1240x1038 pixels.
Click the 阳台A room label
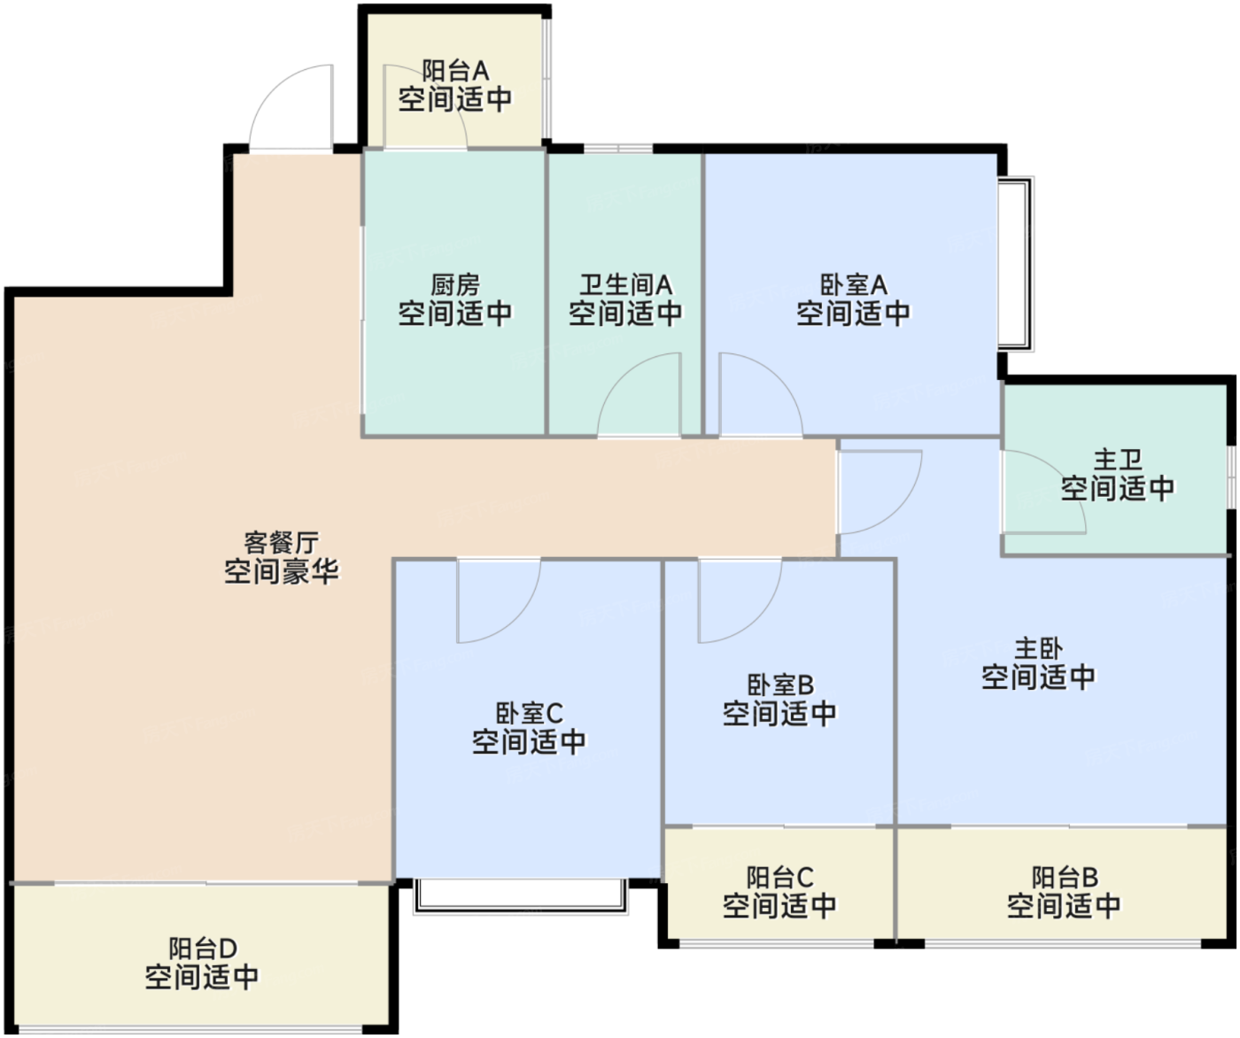[455, 70]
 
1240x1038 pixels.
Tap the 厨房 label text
[455, 285]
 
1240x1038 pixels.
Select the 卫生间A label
[625, 285]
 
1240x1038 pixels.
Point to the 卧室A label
[853, 285]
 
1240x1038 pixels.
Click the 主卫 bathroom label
[1118, 460]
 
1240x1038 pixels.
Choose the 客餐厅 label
[281, 542]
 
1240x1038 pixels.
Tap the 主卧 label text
[1038, 648]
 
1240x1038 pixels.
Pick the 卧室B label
[779, 685]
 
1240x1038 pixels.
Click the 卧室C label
[529, 713]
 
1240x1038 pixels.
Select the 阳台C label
[779, 878]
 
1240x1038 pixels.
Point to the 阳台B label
[1065, 878]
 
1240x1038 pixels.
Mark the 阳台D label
[203, 949]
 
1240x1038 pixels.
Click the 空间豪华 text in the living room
[281, 571]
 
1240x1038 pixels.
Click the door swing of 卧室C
[496, 599]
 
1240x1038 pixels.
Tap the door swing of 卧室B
[738, 599]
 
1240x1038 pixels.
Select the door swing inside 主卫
[1041, 492]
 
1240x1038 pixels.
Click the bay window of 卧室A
[1016, 264]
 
